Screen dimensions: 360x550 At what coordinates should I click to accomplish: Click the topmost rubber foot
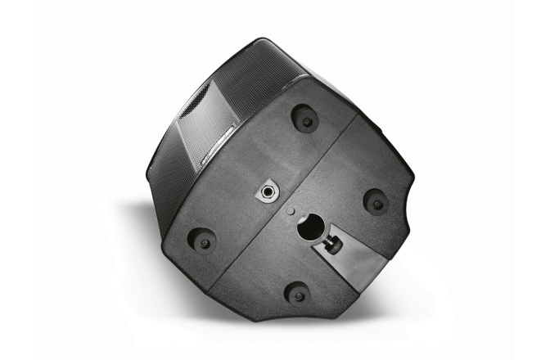[304, 119]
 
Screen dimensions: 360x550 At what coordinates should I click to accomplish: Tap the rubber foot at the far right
[376, 201]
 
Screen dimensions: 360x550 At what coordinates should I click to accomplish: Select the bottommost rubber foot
[297, 292]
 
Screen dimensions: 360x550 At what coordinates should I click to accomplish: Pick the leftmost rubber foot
[202, 240]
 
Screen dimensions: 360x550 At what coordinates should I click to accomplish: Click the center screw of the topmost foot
[307, 121]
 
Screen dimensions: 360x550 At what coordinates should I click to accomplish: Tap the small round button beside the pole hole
[292, 210]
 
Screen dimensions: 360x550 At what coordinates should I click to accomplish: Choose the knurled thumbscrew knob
[336, 243]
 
